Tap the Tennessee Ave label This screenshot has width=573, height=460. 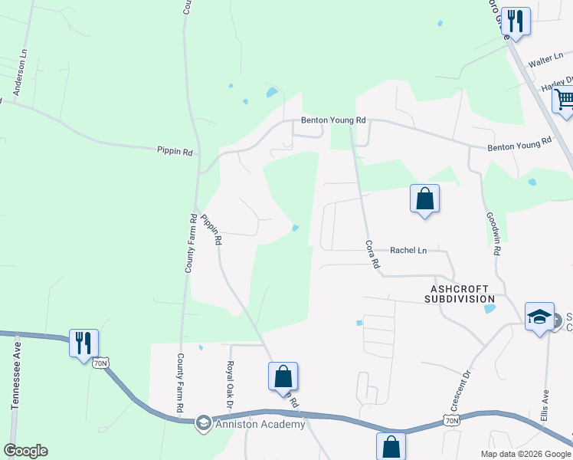[x=15, y=380]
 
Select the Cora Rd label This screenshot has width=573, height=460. [x=373, y=255]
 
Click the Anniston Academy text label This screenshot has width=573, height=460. [x=260, y=424]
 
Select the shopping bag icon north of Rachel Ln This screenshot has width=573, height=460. [x=424, y=199]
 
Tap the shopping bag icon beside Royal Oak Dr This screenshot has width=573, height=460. [x=283, y=376]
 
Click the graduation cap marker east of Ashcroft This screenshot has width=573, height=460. [x=539, y=316]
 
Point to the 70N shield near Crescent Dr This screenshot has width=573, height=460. [x=452, y=420]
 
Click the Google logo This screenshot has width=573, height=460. [x=25, y=451]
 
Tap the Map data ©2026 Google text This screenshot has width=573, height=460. [x=525, y=454]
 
